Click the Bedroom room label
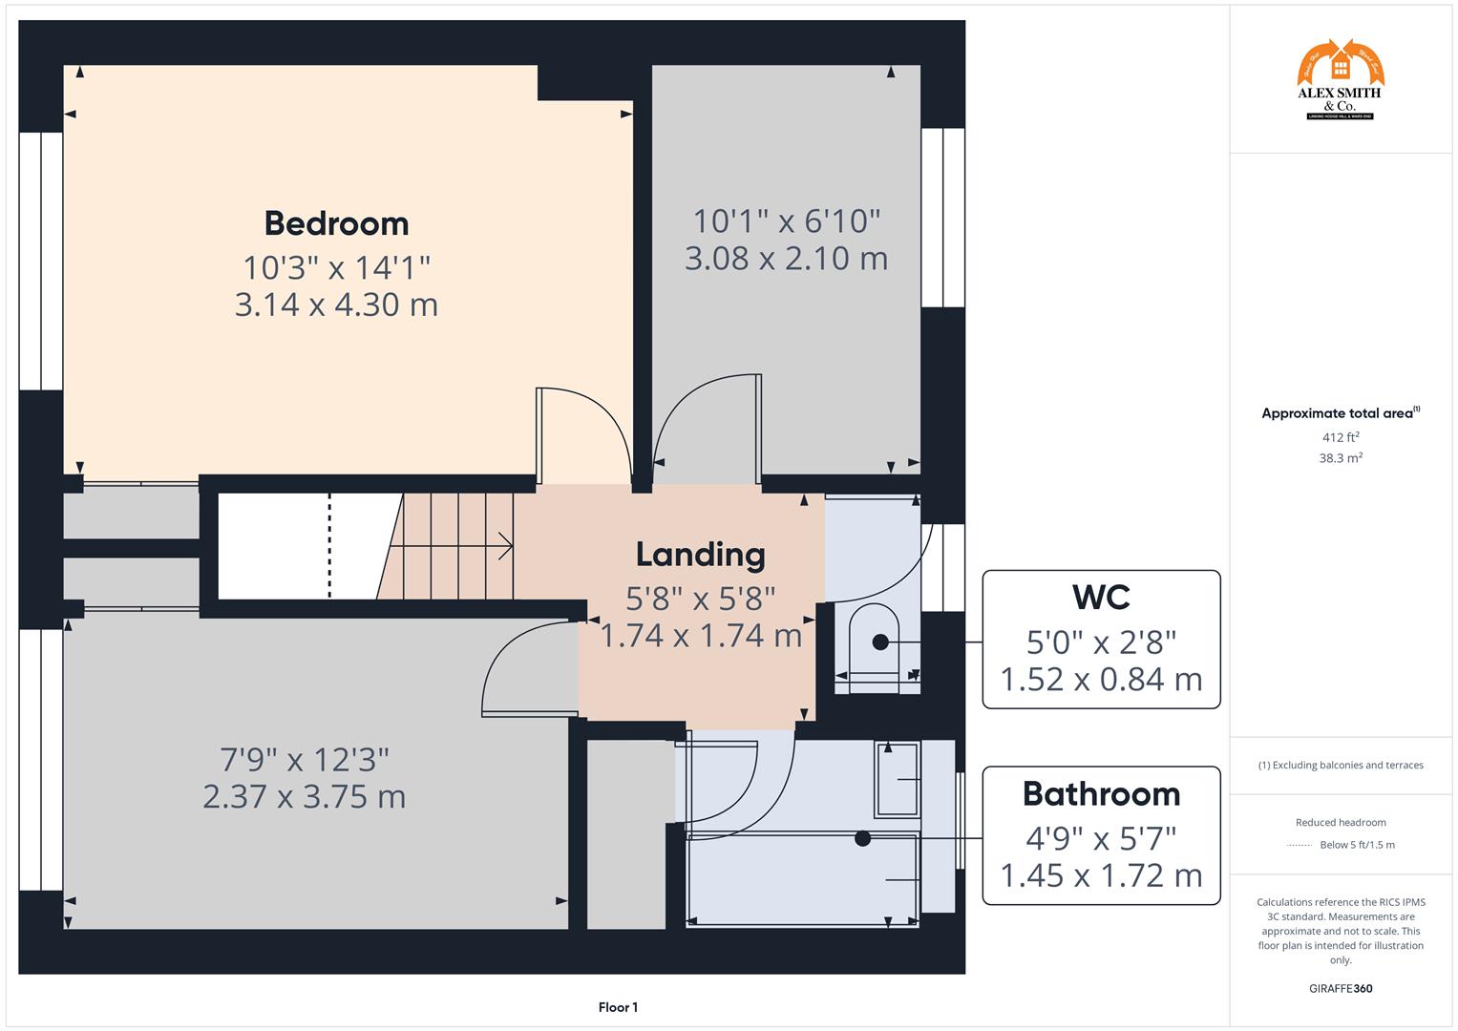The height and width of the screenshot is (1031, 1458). click(x=336, y=223)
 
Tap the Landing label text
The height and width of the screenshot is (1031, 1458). click(x=700, y=555)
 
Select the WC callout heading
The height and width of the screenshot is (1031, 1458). click(x=1101, y=598)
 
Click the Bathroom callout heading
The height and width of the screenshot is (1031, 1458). click(x=1101, y=794)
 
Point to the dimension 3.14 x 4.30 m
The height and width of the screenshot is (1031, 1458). click(x=336, y=305)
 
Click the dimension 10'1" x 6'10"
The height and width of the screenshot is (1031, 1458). click(x=786, y=221)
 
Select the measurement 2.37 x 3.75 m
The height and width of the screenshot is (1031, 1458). click(x=304, y=796)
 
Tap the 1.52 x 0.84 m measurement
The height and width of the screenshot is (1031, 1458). click(x=1101, y=680)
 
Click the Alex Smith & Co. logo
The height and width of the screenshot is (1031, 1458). click(x=1340, y=80)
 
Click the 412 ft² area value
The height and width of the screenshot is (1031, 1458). click(x=1340, y=437)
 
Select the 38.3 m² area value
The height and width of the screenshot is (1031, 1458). click(x=1340, y=458)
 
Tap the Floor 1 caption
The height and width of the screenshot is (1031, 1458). click(x=618, y=1007)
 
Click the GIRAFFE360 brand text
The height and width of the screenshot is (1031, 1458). click(x=1340, y=988)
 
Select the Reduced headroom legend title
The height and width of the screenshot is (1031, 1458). click(x=1340, y=822)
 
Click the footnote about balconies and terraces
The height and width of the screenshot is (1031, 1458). click(x=1340, y=765)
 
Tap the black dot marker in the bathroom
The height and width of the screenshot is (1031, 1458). click(x=863, y=839)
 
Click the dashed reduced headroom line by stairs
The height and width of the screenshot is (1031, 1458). click(x=329, y=546)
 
